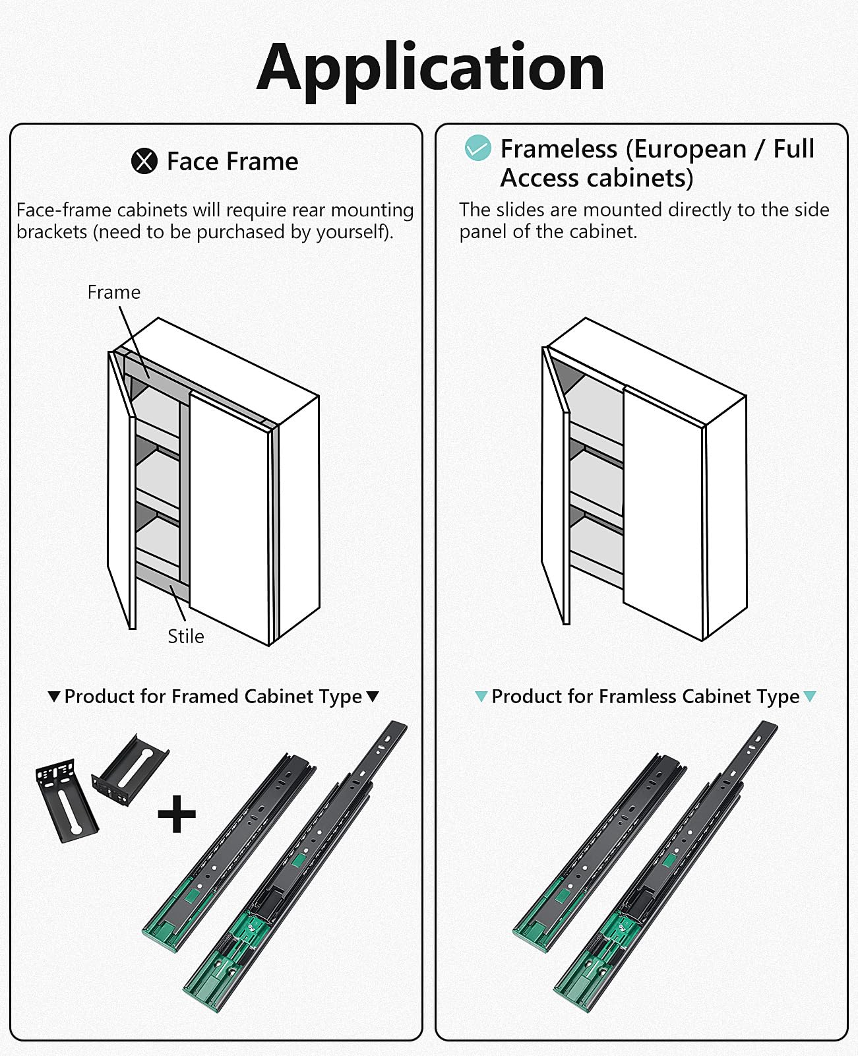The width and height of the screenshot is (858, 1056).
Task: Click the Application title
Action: coord(430,68)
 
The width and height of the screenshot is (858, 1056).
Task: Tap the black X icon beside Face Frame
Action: coord(144,162)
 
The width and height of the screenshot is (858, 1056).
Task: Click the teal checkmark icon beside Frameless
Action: coord(477,148)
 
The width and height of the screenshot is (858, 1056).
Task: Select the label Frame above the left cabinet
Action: coord(113,292)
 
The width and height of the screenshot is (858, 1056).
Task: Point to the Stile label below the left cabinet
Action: coord(185,637)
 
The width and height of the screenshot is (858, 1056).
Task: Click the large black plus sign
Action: coord(177,814)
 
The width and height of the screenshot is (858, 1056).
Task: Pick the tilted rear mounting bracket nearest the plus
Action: coord(131,770)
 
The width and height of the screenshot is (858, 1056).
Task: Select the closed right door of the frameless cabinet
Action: coord(663,514)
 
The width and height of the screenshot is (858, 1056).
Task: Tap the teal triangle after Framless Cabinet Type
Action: coord(810,697)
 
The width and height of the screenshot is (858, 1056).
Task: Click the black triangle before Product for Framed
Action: coord(54,697)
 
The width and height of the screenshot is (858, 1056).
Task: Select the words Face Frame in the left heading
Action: coord(232,162)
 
